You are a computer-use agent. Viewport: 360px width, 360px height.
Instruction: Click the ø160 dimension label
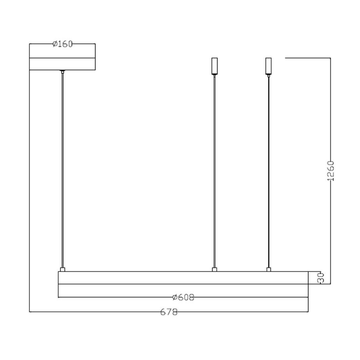(63, 44)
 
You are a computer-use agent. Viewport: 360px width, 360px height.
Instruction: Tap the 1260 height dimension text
(331, 170)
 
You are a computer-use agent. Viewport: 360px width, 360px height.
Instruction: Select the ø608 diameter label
(183, 297)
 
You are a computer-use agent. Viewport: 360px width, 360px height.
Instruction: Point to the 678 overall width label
(169, 312)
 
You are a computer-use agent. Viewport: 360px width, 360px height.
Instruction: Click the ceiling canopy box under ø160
(63, 64)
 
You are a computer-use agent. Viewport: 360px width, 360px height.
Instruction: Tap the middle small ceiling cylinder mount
(214, 66)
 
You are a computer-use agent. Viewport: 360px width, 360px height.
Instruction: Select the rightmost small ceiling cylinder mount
(268, 66)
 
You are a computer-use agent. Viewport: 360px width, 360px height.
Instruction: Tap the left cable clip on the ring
(62, 270)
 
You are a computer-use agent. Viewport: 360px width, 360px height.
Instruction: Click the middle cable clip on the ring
(214, 270)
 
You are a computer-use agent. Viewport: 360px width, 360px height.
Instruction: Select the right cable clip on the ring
(268, 270)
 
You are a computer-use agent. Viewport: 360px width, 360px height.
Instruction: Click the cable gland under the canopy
(62, 72)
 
